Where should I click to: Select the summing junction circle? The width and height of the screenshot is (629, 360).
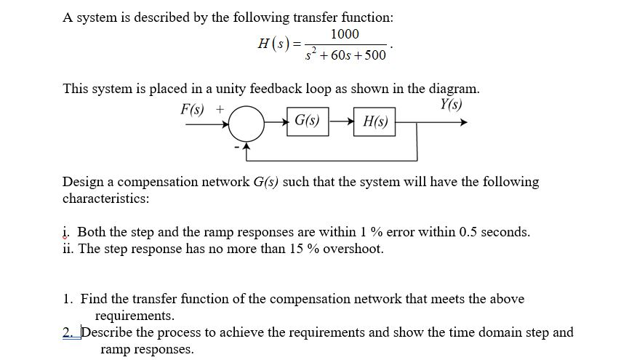[249, 122]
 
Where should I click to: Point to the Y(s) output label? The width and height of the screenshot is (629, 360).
[451, 104]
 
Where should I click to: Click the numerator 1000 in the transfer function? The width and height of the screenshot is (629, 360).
[344, 35]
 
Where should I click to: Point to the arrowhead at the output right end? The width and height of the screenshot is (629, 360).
[462, 122]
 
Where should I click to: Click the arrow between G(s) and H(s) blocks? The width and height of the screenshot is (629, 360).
[342, 121]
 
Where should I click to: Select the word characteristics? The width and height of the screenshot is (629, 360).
[105, 198]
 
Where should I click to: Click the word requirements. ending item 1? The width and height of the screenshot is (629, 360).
[135, 316]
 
